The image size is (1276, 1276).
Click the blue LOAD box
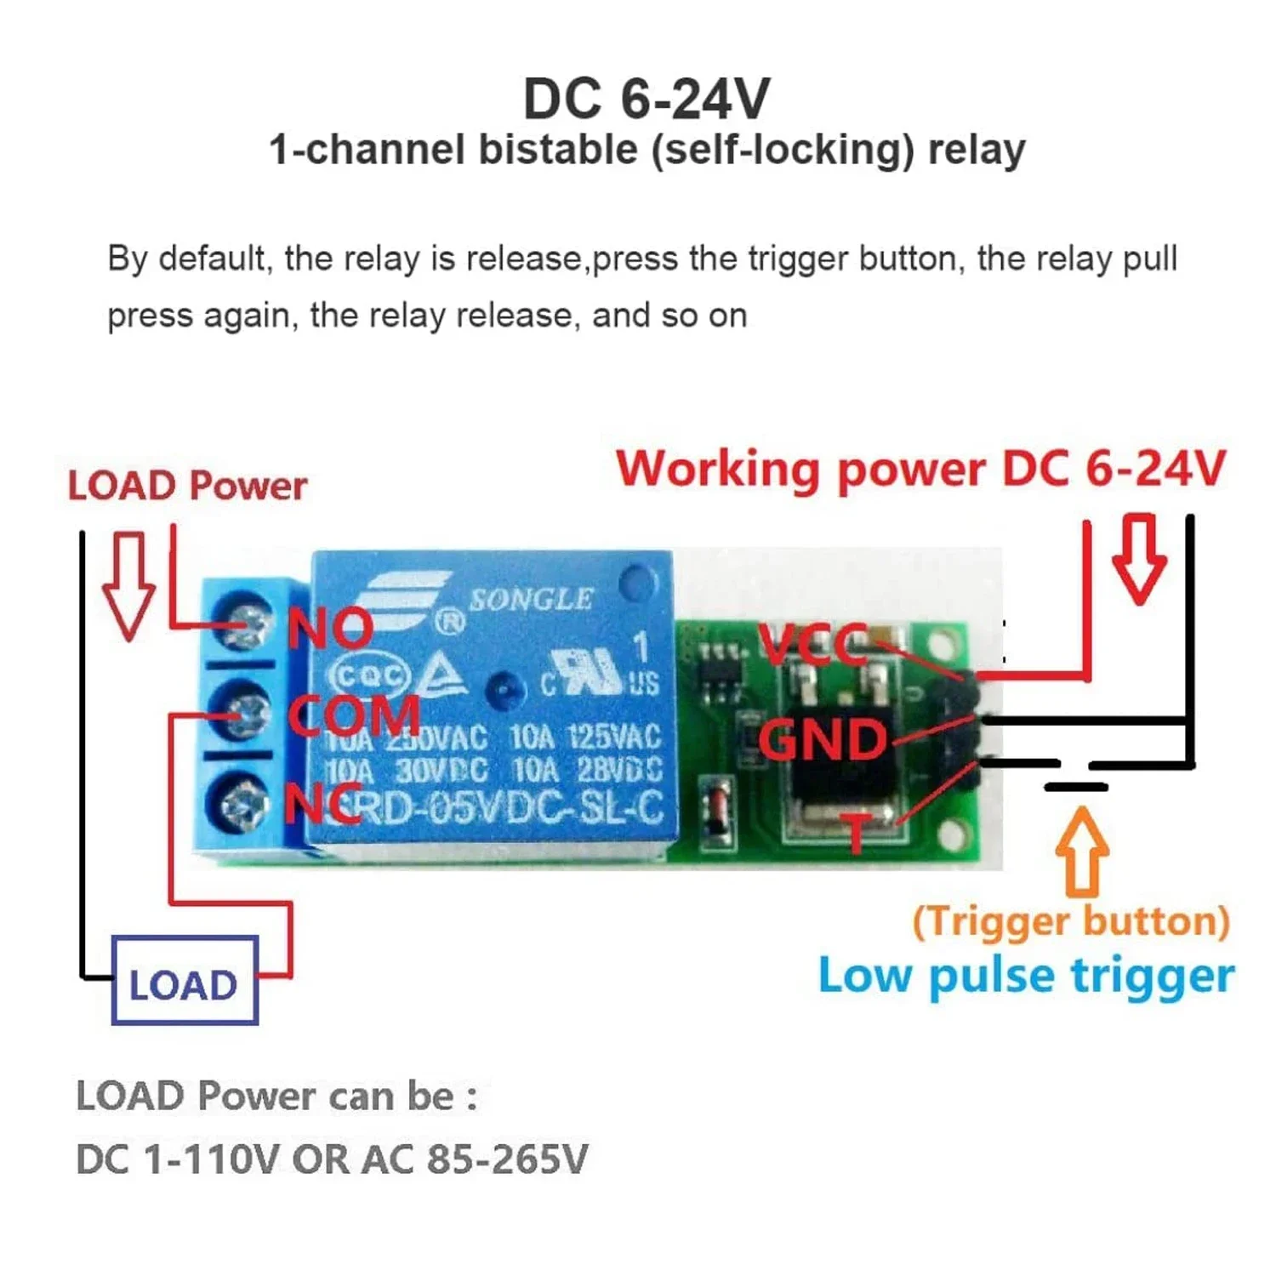pyautogui.click(x=185, y=981)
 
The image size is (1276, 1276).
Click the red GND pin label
pyautogui.click(x=822, y=739)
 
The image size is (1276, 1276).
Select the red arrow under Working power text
pyautogui.click(x=1138, y=558)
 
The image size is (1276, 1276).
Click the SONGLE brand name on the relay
pyautogui.click(x=531, y=600)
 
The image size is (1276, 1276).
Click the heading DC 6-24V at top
pyautogui.click(x=646, y=99)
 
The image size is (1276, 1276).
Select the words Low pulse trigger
pyautogui.click(x=1026, y=976)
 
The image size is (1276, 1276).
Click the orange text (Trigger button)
pyautogui.click(x=1071, y=921)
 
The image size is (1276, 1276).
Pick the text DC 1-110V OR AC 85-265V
pyautogui.click(x=332, y=1159)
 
